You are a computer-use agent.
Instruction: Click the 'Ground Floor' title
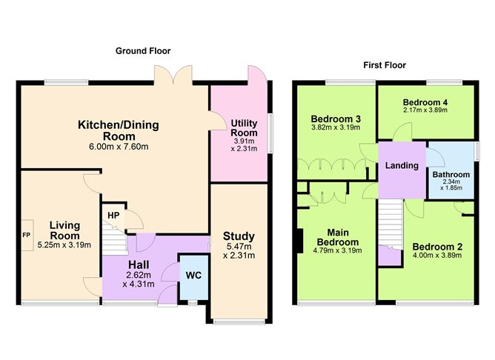[x=143, y=51]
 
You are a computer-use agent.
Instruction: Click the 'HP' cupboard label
[x=113, y=216]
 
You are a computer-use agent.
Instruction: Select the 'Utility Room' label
[x=243, y=127]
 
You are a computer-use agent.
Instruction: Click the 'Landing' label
[x=401, y=165]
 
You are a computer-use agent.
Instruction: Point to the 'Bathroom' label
[x=451, y=176]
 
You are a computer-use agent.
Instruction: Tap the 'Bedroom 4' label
[x=425, y=102]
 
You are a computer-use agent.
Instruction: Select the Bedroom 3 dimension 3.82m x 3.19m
[x=335, y=127]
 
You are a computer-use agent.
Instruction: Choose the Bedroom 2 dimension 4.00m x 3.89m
[x=436, y=256]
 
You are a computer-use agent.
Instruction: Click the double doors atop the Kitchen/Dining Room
[x=171, y=76]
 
